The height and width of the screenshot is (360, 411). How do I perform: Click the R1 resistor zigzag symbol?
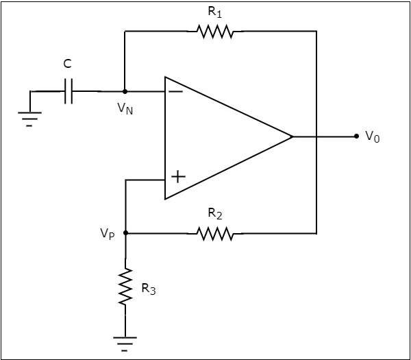[214, 31]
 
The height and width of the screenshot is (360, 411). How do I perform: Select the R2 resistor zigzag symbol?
[215, 234]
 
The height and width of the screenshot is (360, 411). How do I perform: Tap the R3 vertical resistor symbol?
[125, 287]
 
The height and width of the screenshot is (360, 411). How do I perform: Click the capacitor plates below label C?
[68, 91]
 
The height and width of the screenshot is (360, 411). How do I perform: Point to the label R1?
[214, 12]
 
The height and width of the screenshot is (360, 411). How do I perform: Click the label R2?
[215, 215]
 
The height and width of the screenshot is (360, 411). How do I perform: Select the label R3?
[148, 289]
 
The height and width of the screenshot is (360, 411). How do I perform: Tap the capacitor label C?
[67, 64]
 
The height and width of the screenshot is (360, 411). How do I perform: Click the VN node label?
[125, 108]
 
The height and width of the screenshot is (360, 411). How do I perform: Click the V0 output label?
[372, 136]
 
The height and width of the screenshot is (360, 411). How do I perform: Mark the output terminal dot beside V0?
[356, 136]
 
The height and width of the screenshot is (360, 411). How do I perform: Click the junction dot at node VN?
[125, 91]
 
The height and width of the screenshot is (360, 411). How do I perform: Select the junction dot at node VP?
[125, 233]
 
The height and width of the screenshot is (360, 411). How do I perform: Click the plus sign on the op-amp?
[177, 177]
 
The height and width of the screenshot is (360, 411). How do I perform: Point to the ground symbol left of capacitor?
[29, 119]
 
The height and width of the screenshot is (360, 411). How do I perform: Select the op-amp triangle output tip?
[292, 136]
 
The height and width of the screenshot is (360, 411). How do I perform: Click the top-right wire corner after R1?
[316, 31]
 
